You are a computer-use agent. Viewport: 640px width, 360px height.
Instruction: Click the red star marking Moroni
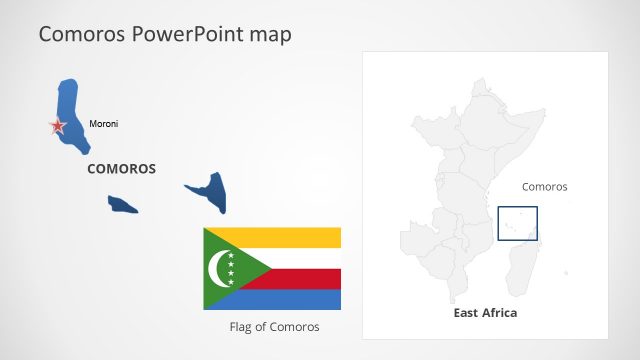coord(58,126)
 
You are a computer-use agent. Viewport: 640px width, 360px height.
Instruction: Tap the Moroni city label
coord(104,124)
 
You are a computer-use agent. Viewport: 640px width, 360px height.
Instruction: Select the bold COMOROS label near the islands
coord(121,169)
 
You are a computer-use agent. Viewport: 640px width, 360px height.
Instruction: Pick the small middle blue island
coord(123,204)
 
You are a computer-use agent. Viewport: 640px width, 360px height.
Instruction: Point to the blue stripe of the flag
coord(300,299)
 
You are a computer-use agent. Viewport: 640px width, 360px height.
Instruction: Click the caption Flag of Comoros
coord(275,327)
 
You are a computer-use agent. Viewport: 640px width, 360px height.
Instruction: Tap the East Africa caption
coord(485,313)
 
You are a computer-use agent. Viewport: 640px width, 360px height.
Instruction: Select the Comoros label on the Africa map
coord(544,186)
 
